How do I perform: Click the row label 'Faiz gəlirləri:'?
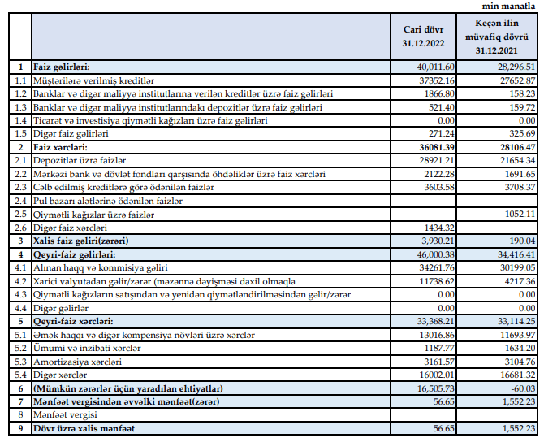62,67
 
